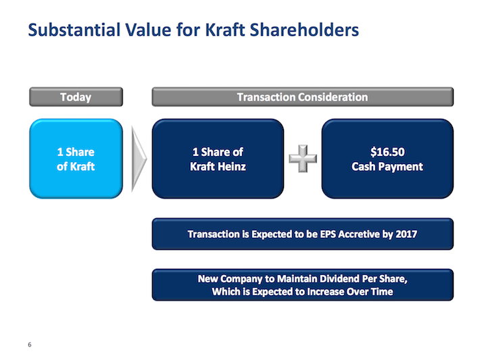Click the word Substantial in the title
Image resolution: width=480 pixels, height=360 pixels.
click(74, 30)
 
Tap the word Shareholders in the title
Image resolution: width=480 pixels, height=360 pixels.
click(304, 30)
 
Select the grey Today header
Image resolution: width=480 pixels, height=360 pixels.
click(76, 97)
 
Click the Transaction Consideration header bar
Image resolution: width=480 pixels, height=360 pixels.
click(302, 97)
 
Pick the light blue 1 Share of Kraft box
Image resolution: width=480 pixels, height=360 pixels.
click(76, 159)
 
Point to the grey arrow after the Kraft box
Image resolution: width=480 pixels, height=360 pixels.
click(139, 159)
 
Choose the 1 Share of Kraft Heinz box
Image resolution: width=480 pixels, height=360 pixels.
click(218, 159)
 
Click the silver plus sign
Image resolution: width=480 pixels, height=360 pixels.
click(303, 159)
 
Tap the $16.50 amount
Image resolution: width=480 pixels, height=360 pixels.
click(387, 152)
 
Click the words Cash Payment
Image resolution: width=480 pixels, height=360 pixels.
click(387, 167)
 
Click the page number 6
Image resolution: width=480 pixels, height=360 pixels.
click(30, 344)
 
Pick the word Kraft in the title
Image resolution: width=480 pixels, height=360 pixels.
click(224, 30)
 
